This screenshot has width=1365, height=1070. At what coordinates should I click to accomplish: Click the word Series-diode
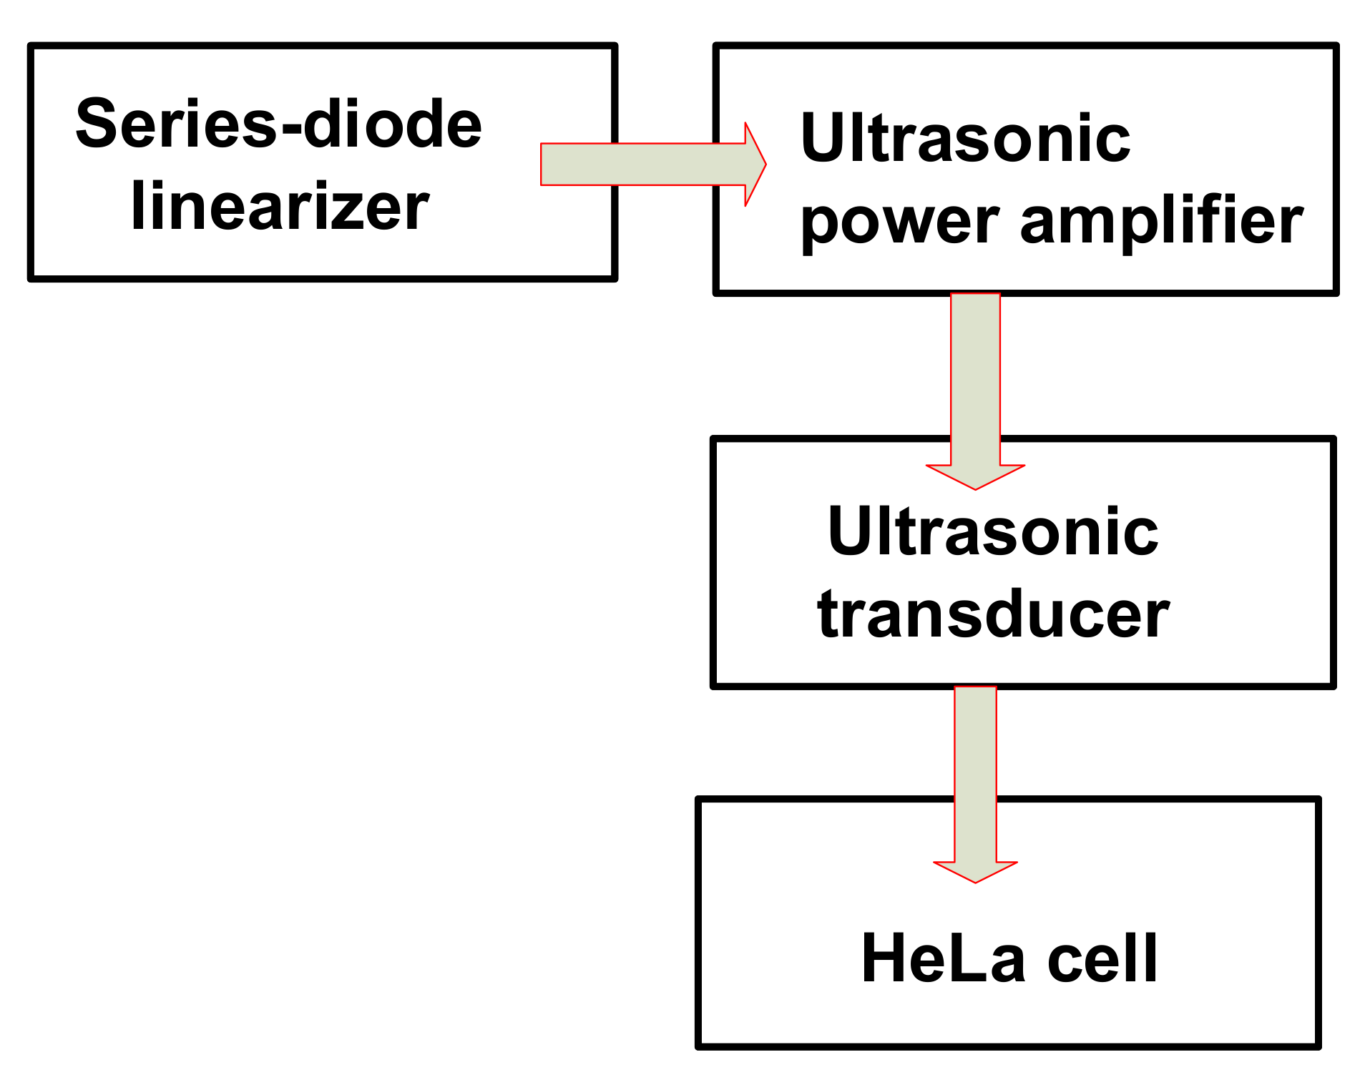tap(278, 125)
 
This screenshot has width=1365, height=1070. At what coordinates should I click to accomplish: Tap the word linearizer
tap(280, 207)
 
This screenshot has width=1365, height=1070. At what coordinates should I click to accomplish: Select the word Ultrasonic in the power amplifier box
tap(965, 139)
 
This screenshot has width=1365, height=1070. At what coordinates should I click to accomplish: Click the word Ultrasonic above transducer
tap(992, 532)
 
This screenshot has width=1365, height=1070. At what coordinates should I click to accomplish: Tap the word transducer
tap(993, 615)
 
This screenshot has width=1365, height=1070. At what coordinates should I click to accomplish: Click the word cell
tap(1102, 959)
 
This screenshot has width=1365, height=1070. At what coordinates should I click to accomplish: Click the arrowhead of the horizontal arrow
tap(754, 165)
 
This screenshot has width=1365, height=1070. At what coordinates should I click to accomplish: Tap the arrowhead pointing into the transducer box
tap(975, 476)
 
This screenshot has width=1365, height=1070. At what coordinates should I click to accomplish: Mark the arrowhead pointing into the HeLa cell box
tap(975, 871)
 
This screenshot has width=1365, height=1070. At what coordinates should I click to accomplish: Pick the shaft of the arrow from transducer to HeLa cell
tap(975, 772)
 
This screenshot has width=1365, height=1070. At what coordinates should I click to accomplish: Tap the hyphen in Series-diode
tap(290, 129)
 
